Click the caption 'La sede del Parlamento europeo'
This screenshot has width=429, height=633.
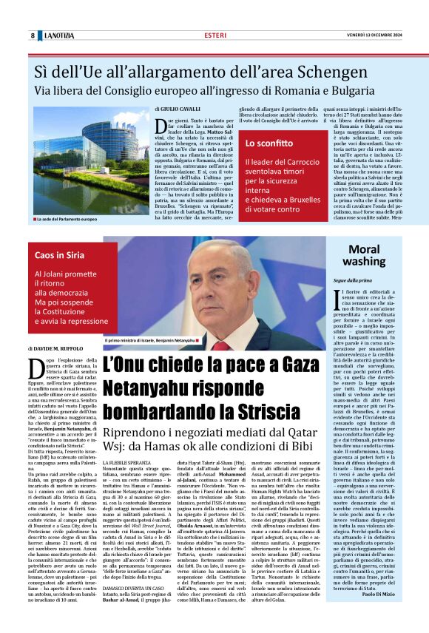click(x=67, y=220)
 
